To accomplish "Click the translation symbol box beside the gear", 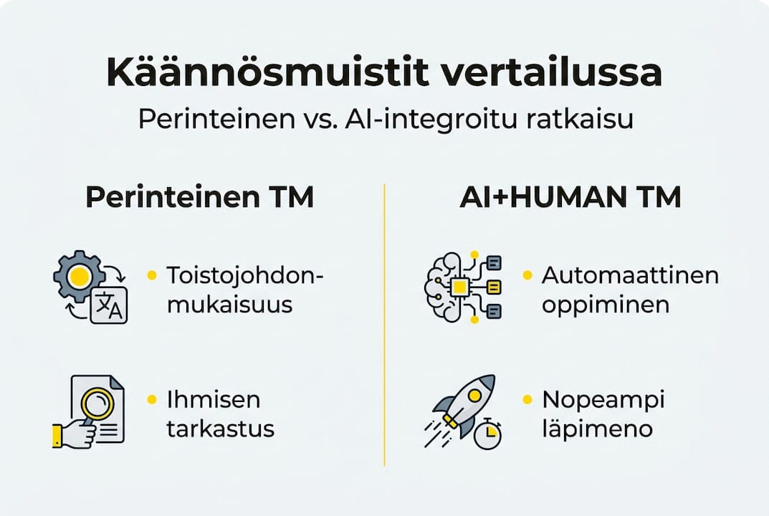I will click(109, 305).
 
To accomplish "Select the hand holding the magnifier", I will click(74, 434).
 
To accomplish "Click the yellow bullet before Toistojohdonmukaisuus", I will click(152, 275).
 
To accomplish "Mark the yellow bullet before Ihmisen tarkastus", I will click(152, 399).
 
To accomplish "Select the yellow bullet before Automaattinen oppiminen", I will click(527, 275).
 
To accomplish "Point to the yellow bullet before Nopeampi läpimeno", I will click(527, 399).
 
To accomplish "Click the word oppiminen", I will click(606, 305).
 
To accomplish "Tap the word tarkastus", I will click(220, 429).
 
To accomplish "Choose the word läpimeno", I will click(597, 429).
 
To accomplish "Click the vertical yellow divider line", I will click(385, 322).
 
